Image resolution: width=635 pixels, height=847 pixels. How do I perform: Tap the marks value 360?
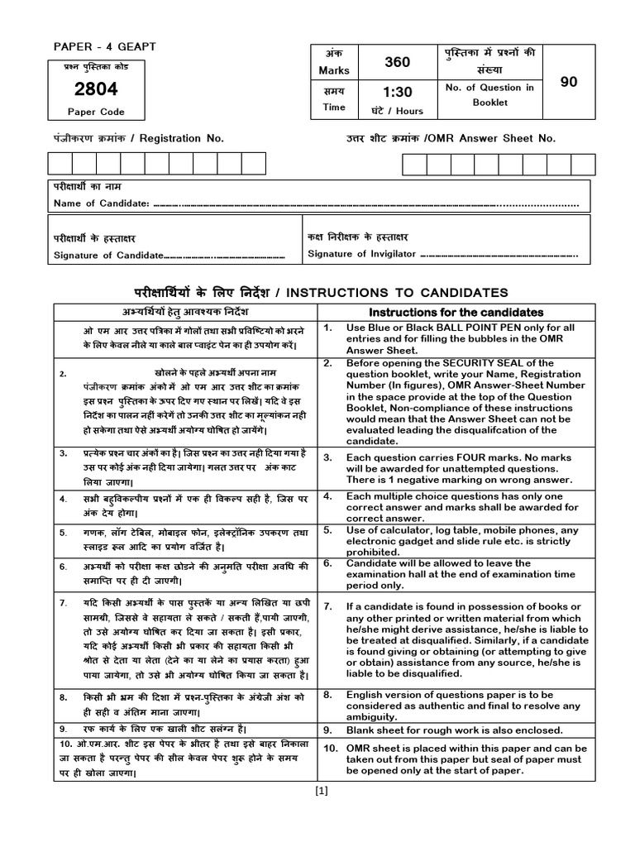coord(397,62)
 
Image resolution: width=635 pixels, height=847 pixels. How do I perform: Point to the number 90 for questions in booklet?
coord(568,81)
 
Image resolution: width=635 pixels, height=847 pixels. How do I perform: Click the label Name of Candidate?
coord(101,203)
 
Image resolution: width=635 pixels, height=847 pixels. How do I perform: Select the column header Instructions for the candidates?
coord(456,313)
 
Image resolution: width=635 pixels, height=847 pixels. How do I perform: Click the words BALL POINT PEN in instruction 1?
coord(489,328)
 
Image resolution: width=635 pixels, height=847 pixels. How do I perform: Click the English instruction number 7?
coord(328,606)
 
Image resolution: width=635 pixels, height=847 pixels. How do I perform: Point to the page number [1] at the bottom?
coord(322,790)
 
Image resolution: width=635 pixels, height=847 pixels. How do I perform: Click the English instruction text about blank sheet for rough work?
coord(454,730)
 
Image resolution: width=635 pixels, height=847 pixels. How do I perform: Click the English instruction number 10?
coord(330,749)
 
